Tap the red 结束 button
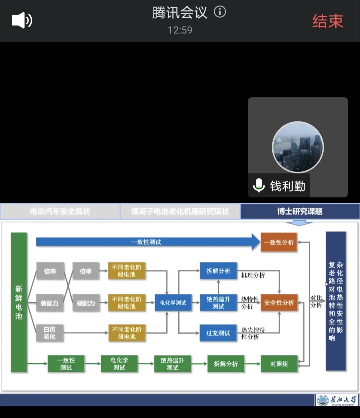point(327,21)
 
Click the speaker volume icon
point(22,20)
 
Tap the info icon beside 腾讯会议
point(220,12)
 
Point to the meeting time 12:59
point(180,30)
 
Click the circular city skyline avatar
point(298,147)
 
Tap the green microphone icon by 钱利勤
point(259,185)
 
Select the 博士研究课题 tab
point(300,211)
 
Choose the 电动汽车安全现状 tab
point(60,211)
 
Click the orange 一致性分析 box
point(279,242)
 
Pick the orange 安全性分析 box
point(279,303)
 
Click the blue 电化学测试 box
point(173,303)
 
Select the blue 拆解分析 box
point(218,271)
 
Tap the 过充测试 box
point(218,333)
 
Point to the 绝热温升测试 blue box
point(218,303)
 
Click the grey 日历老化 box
point(49,333)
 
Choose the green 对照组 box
point(279,364)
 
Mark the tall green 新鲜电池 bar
point(19,302)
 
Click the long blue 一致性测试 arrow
point(147,242)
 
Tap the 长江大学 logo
point(337,400)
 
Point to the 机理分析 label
point(253,275)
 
